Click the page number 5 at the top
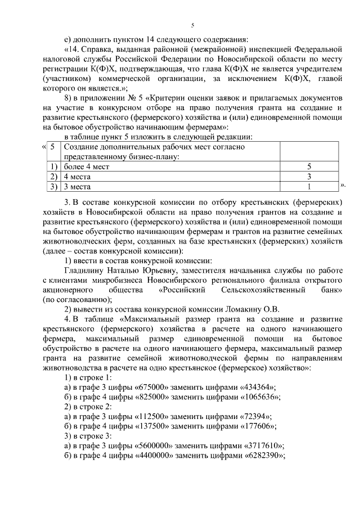192,25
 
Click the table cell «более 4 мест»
86,167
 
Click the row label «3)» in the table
54,186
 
